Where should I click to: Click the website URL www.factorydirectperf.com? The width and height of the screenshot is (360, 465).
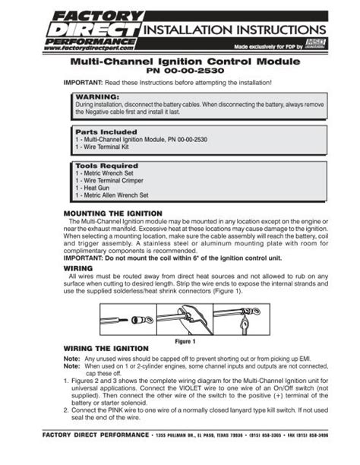click(x=84, y=47)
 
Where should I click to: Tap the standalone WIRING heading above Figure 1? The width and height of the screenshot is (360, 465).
click(x=80, y=268)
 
